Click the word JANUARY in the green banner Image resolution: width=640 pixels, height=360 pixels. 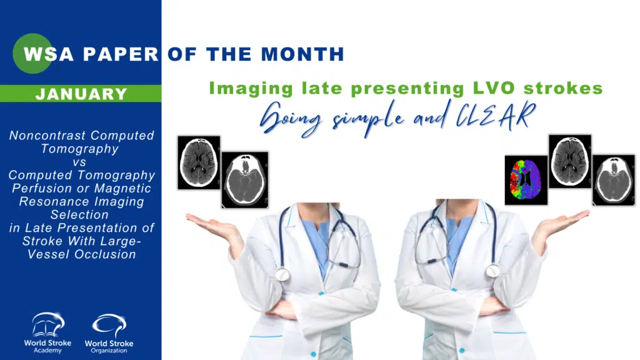click(81, 94)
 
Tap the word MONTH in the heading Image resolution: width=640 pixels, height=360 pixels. click(302, 54)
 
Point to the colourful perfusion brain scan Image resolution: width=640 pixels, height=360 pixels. click(526, 180)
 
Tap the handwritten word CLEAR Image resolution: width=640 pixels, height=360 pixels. click(496, 115)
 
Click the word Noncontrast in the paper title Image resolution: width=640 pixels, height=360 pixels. click(47, 136)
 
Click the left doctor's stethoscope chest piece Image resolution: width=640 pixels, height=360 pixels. click(283, 274)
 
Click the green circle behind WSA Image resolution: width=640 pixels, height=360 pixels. click(32, 54)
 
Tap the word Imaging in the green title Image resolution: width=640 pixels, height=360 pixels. click(251, 89)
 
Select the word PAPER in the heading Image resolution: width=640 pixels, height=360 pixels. click(121, 54)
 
